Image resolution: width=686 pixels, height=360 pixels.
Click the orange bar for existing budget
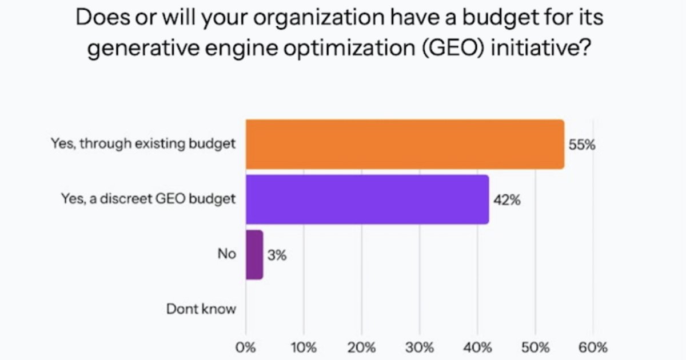pos(405,145)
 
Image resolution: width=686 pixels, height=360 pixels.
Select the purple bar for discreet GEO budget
pos(367,199)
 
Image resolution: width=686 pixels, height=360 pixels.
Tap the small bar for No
pos(254,255)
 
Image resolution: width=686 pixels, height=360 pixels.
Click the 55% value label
pos(582,145)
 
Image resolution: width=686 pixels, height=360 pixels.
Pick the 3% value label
pos(277,255)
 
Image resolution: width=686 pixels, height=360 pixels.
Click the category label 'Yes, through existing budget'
pos(143,144)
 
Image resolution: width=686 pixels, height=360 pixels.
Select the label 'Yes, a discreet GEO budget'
pos(148,199)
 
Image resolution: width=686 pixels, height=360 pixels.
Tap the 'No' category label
pos(226,254)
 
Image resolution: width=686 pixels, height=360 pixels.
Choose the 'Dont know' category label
pos(201,309)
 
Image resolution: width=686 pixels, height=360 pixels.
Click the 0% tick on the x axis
pos(246,347)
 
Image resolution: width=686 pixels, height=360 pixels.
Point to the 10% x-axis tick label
pos(304,347)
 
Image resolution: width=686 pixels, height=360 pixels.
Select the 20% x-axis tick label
pos(361,347)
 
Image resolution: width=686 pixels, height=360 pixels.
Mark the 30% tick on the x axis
pos(419,347)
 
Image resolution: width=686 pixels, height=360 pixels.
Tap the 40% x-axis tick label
pos(477,347)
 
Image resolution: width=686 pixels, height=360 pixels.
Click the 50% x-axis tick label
pos(535,347)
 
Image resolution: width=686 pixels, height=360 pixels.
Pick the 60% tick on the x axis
pos(593,347)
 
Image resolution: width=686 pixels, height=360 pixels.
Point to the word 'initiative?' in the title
pos(539,49)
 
